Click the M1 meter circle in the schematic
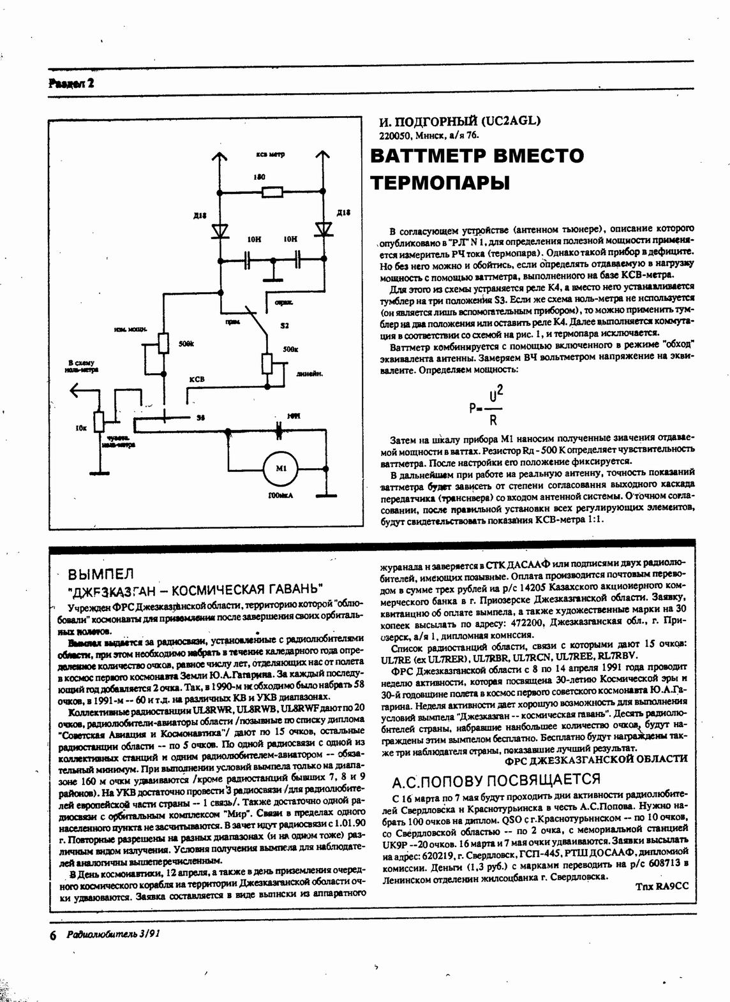tap(281, 469)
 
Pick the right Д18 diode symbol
tap(325, 229)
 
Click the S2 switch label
tap(285, 325)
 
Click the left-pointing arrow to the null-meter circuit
tap(77, 390)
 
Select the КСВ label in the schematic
tap(197, 379)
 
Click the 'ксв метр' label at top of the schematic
tap(271, 154)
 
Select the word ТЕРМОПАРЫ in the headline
tap(440, 184)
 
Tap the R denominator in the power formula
tap(493, 420)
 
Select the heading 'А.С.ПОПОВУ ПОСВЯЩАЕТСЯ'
tap(496, 779)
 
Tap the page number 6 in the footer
tap(52, 934)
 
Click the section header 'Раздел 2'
tap(71, 83)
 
